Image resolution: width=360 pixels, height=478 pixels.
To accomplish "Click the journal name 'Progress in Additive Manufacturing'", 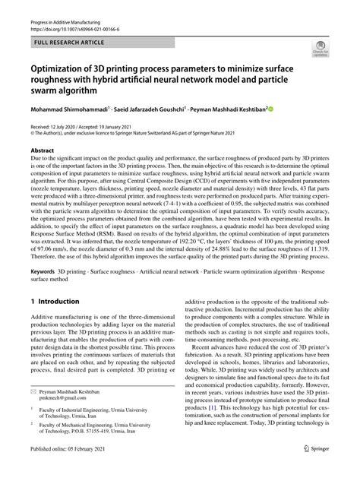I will pyautogui.click(x=63, y=23).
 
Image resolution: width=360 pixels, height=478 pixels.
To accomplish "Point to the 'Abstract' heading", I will pyautogui.click(x=42, y=151).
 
